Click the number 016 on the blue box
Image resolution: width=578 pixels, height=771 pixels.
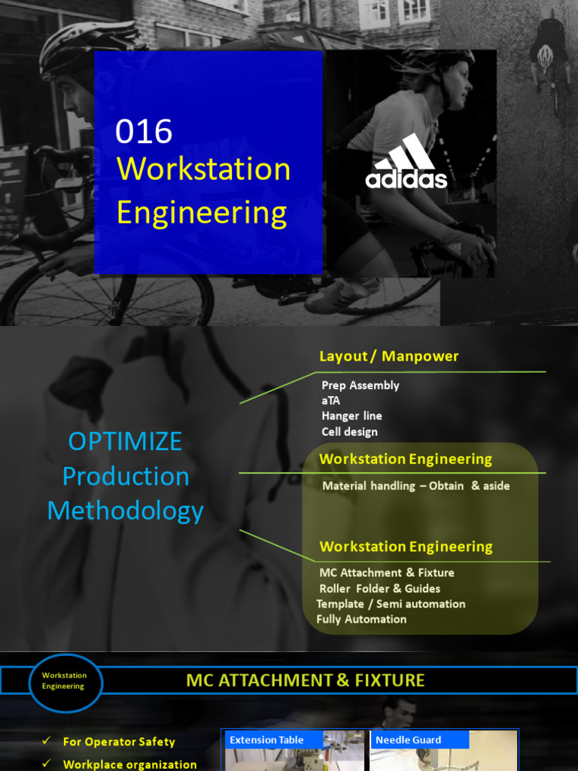pos(144,133)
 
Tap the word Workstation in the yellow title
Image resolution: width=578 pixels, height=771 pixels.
pos(203,169)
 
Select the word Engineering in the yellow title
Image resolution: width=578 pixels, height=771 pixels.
pos(202,213)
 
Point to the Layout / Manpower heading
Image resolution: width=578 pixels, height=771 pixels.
pos(388,356)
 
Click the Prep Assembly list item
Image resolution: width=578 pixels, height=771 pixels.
pos(360,385)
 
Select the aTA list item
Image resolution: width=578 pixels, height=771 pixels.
pos(331,401)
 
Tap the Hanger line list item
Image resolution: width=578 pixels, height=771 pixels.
pos(351,416)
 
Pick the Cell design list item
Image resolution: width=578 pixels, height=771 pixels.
pos(349,432)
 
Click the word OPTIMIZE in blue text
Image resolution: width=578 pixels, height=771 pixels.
pos(125,441)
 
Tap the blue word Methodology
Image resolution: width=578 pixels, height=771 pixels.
pos(125,511)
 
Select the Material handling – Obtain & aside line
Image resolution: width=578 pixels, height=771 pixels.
pos(415,486)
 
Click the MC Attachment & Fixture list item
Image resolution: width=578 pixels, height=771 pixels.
pos(386,573)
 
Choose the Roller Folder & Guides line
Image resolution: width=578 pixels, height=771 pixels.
pos(379,589)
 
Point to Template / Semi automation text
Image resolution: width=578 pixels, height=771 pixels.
pos(391,604)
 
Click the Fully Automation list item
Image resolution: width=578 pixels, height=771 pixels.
pos(361,620)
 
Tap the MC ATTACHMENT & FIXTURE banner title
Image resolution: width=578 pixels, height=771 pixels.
pos(306,681)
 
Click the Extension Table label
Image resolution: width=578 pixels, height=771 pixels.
pos(266,740)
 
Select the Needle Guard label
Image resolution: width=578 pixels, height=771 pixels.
pos(408,740)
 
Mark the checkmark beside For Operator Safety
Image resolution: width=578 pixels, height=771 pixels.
pos(47,742)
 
